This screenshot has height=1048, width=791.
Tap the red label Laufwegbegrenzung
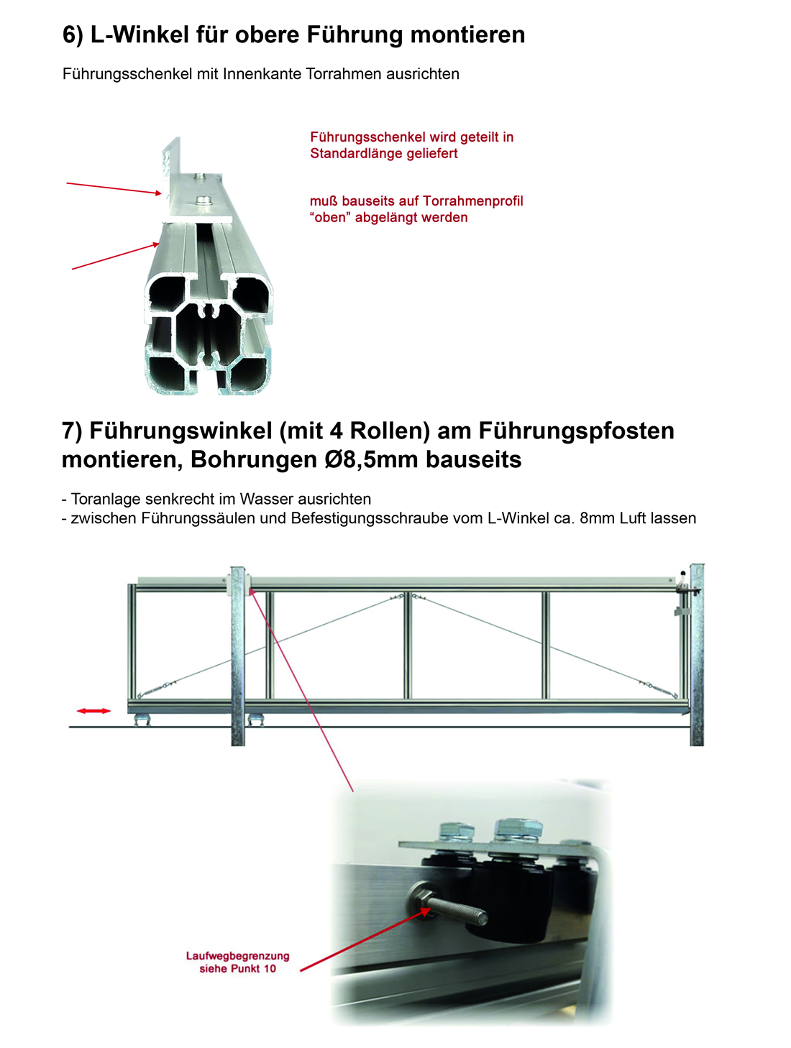pos(237,956)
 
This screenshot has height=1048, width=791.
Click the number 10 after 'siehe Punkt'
pos(270,969)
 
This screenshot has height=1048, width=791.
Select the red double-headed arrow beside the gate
pos(93,711)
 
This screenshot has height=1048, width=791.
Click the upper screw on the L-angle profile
pos(200,176)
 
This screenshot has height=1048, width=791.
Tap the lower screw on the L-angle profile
pos(205,199)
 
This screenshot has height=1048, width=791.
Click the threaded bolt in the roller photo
pos(449,908)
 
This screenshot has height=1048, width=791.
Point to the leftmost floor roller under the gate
pos(142,720)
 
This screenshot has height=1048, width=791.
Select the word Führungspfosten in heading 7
pos(576,431)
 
